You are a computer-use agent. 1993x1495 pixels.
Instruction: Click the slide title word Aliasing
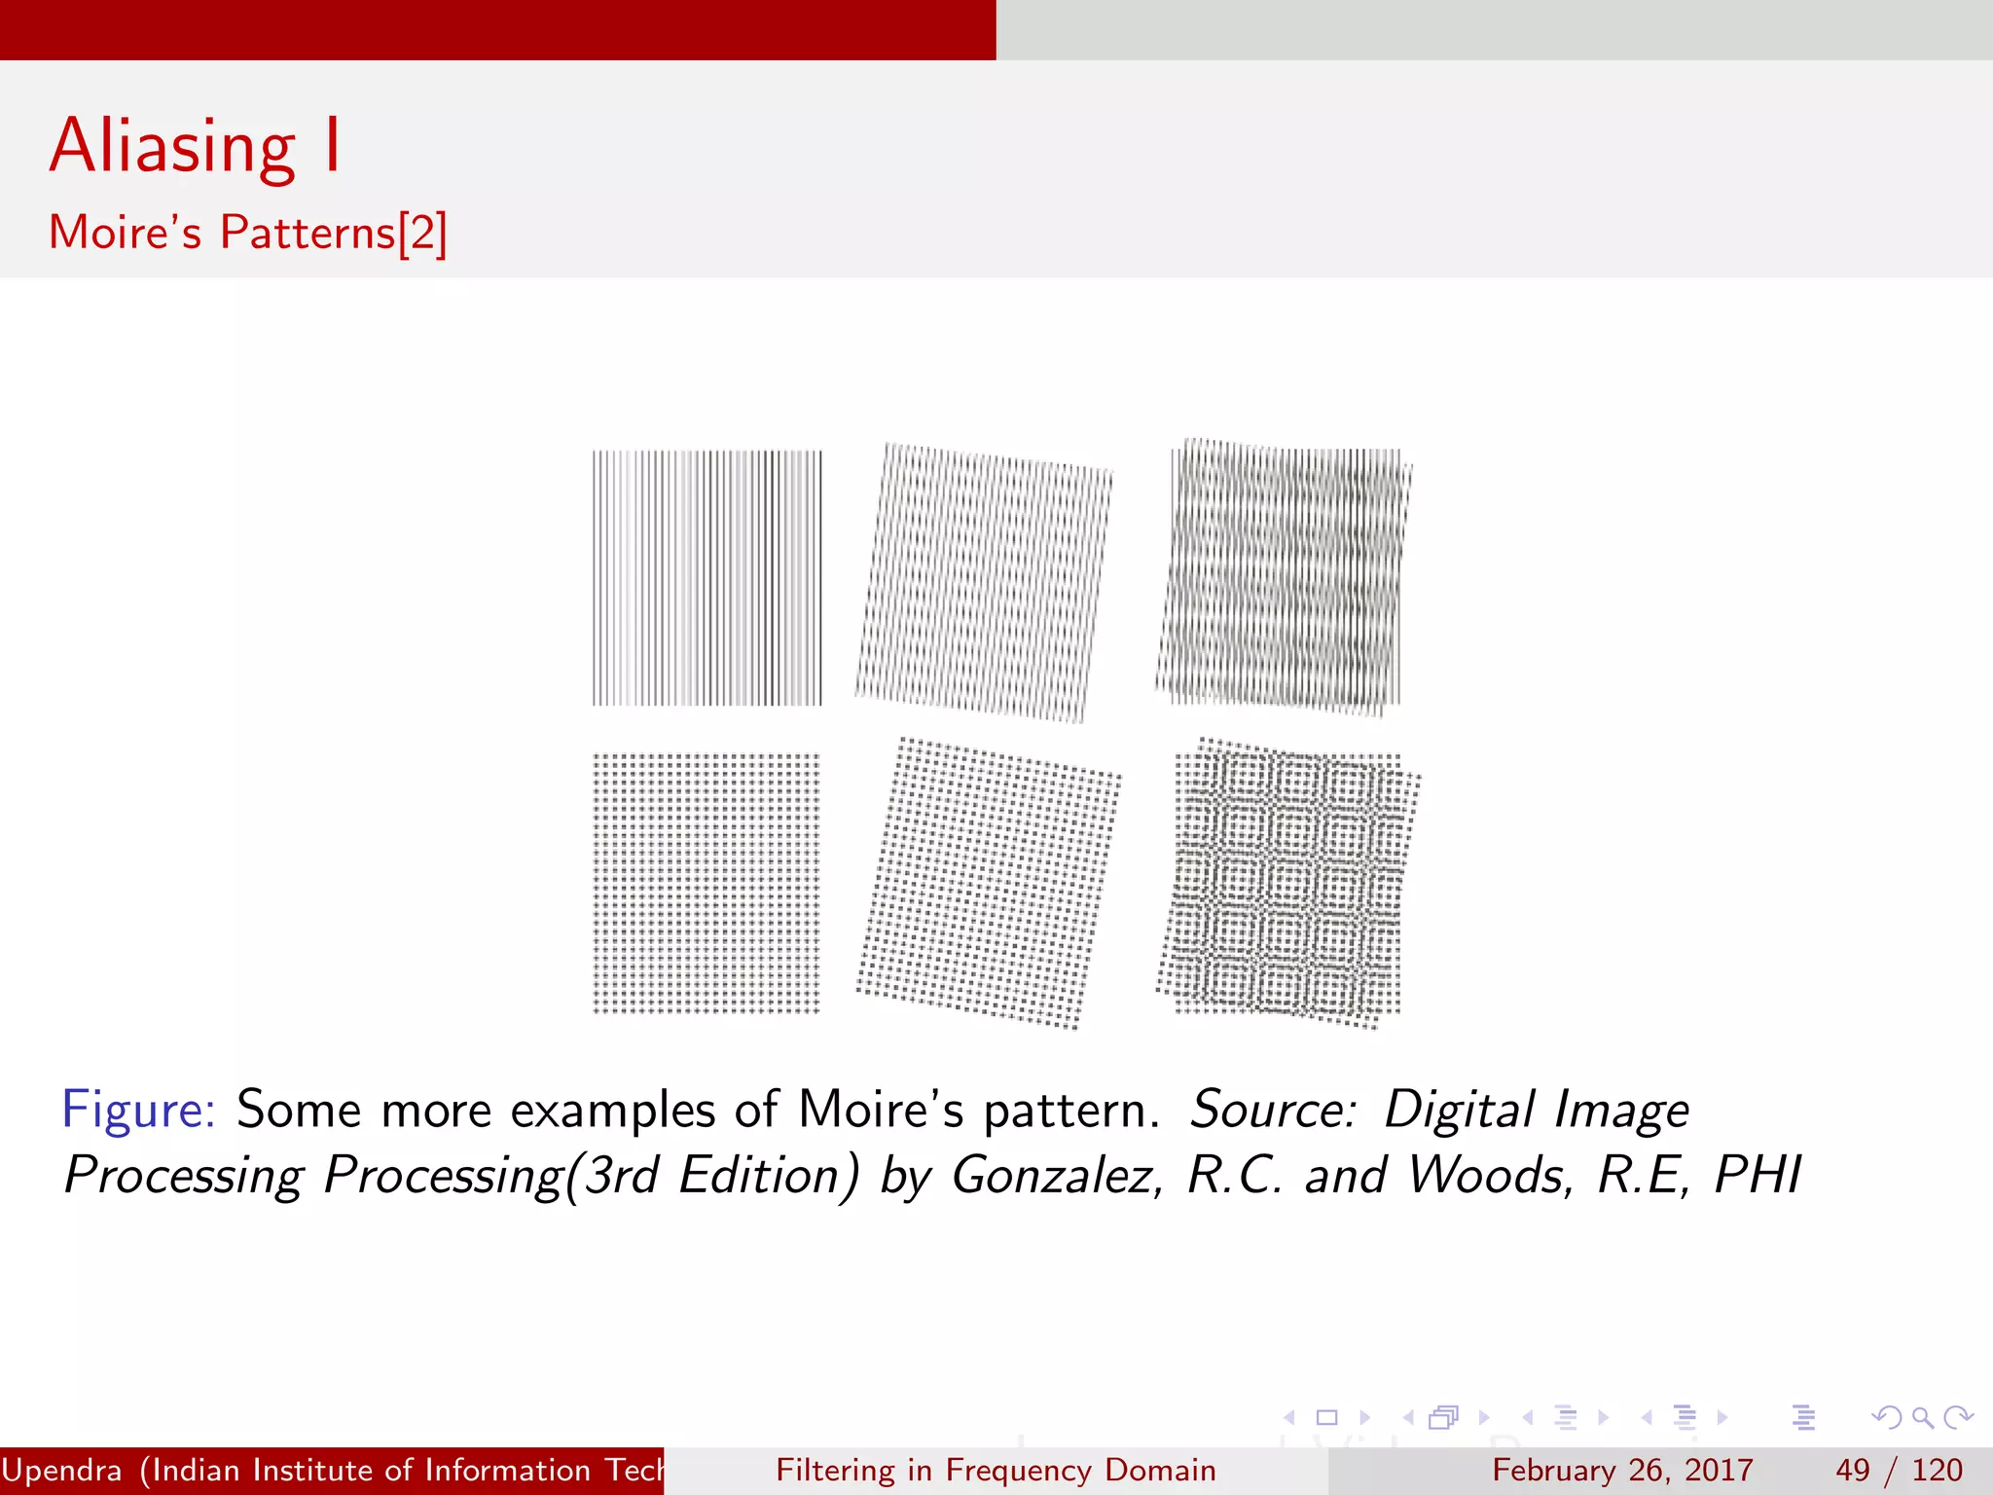click(172, 146)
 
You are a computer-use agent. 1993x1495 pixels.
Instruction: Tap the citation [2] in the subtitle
click(423, 233)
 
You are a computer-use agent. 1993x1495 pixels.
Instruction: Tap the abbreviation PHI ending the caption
click(1757, 1175)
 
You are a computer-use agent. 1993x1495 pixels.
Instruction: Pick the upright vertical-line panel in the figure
click(707, 578)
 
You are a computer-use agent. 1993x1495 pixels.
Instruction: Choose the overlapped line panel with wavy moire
click(1284, 577)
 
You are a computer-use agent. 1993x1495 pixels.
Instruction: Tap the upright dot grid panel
click(707, 883)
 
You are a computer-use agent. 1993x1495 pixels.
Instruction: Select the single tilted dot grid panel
click(989, 883)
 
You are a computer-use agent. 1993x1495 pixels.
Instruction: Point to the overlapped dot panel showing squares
click(1287, 883)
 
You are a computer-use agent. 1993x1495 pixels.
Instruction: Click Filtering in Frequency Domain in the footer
click(996, 1470)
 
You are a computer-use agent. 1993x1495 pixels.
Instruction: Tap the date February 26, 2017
click(1622, 1470)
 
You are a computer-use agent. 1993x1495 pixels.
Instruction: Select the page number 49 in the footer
click(1853, 1470)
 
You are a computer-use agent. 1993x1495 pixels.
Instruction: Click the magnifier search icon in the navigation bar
click(1922, 1417)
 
